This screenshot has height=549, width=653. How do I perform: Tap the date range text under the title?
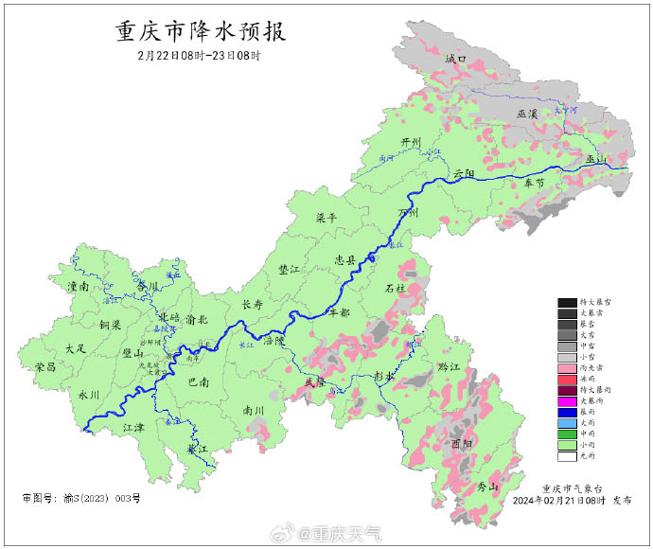(x=199, y=56)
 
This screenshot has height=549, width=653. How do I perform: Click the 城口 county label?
(x=456, y=59)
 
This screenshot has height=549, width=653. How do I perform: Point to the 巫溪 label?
(x=527, y=114)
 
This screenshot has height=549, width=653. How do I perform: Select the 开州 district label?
(x=411, y=142)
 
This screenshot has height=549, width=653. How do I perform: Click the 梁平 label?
(x=326, y=218)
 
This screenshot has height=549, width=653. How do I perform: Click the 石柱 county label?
(x=396, y=287)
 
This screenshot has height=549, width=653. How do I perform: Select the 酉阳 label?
(x=463, y=442)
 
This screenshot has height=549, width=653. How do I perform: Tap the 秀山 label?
(x=486, y=487)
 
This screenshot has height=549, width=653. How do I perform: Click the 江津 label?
(x=133, y=428)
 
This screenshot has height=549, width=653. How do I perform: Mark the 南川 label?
(x=254, y=411)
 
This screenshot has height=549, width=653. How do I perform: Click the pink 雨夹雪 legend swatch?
(x=568, y=367)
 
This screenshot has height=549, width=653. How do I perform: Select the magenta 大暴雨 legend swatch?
(x=568, y=401)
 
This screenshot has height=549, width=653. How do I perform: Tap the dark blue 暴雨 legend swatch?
(x=568, y=413)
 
